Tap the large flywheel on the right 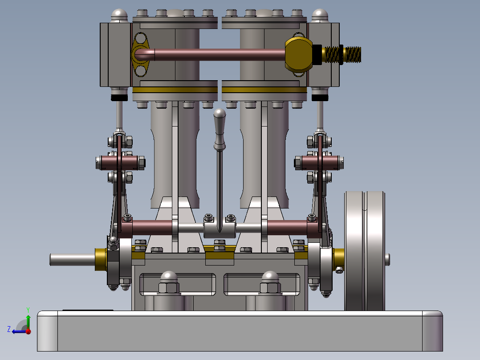click(x=365, y=251)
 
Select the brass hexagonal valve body click(x=298, y=54)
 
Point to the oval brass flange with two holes click(x=140, y=54)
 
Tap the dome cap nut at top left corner click(x=119, y=15)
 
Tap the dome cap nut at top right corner click(x=320, y=15)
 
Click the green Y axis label click(x=28, y=310)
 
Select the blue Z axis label click(x=9, y=329)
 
